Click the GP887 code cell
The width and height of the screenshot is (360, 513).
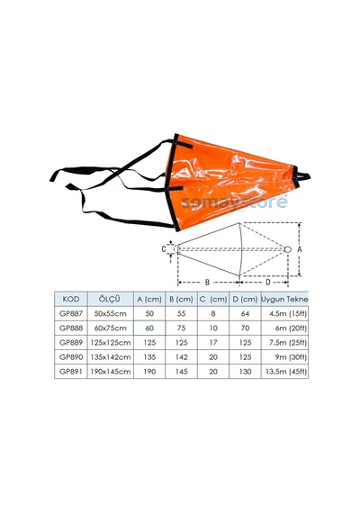point(71,313)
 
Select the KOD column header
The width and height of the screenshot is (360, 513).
point(71,299)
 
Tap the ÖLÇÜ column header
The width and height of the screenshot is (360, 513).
point(110,299)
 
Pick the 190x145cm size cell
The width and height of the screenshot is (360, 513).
point(111,372)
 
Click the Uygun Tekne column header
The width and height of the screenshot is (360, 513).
point(284,299)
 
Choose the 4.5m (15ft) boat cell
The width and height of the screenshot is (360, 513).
point(288,314)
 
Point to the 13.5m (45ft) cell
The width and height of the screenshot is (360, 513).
point(285,372)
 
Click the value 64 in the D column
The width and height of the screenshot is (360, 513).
point(245,314)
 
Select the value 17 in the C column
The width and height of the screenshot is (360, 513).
point(213,343)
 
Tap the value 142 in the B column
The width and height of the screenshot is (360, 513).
point(181,357)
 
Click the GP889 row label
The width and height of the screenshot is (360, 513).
point(71,343)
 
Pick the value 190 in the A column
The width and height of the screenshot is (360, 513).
point(149,372)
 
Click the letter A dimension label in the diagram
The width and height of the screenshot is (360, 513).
point(299,249)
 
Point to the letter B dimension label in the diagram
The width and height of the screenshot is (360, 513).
point(207,282)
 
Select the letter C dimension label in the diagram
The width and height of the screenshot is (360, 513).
point(164,249)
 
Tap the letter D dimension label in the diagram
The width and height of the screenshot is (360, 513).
point(268,282)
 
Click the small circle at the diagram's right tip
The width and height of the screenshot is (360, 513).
point(288,249)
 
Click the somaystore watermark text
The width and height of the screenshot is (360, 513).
point(234,201)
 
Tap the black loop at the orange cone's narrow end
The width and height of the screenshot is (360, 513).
point(301,177)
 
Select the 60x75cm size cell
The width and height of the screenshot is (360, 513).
point(111,328)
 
